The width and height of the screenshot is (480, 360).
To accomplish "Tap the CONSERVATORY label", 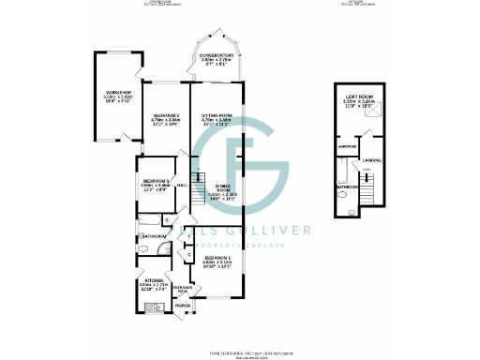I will (x=217, y=56).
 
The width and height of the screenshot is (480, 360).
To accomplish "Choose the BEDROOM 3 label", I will (x=155, y=181).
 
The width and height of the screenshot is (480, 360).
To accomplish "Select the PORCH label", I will (x=183, y=306).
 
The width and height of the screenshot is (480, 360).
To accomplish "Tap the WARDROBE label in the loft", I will (x=346, y=146).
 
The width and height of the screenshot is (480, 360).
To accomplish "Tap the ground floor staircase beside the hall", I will (x=197, y=178).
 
